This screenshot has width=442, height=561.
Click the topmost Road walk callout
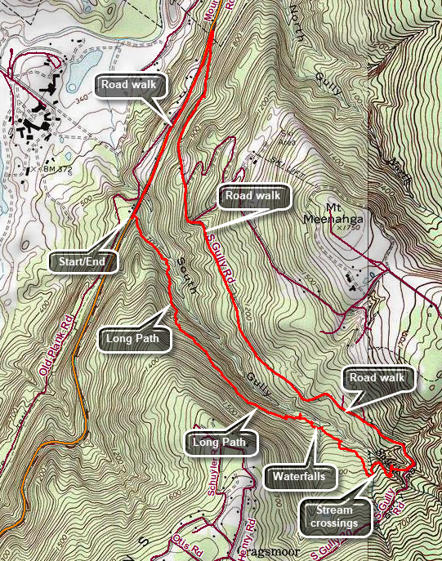point(130,84)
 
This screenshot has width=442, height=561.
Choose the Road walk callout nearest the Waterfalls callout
point(376,378)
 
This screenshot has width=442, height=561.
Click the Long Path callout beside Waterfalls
point(221,443)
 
